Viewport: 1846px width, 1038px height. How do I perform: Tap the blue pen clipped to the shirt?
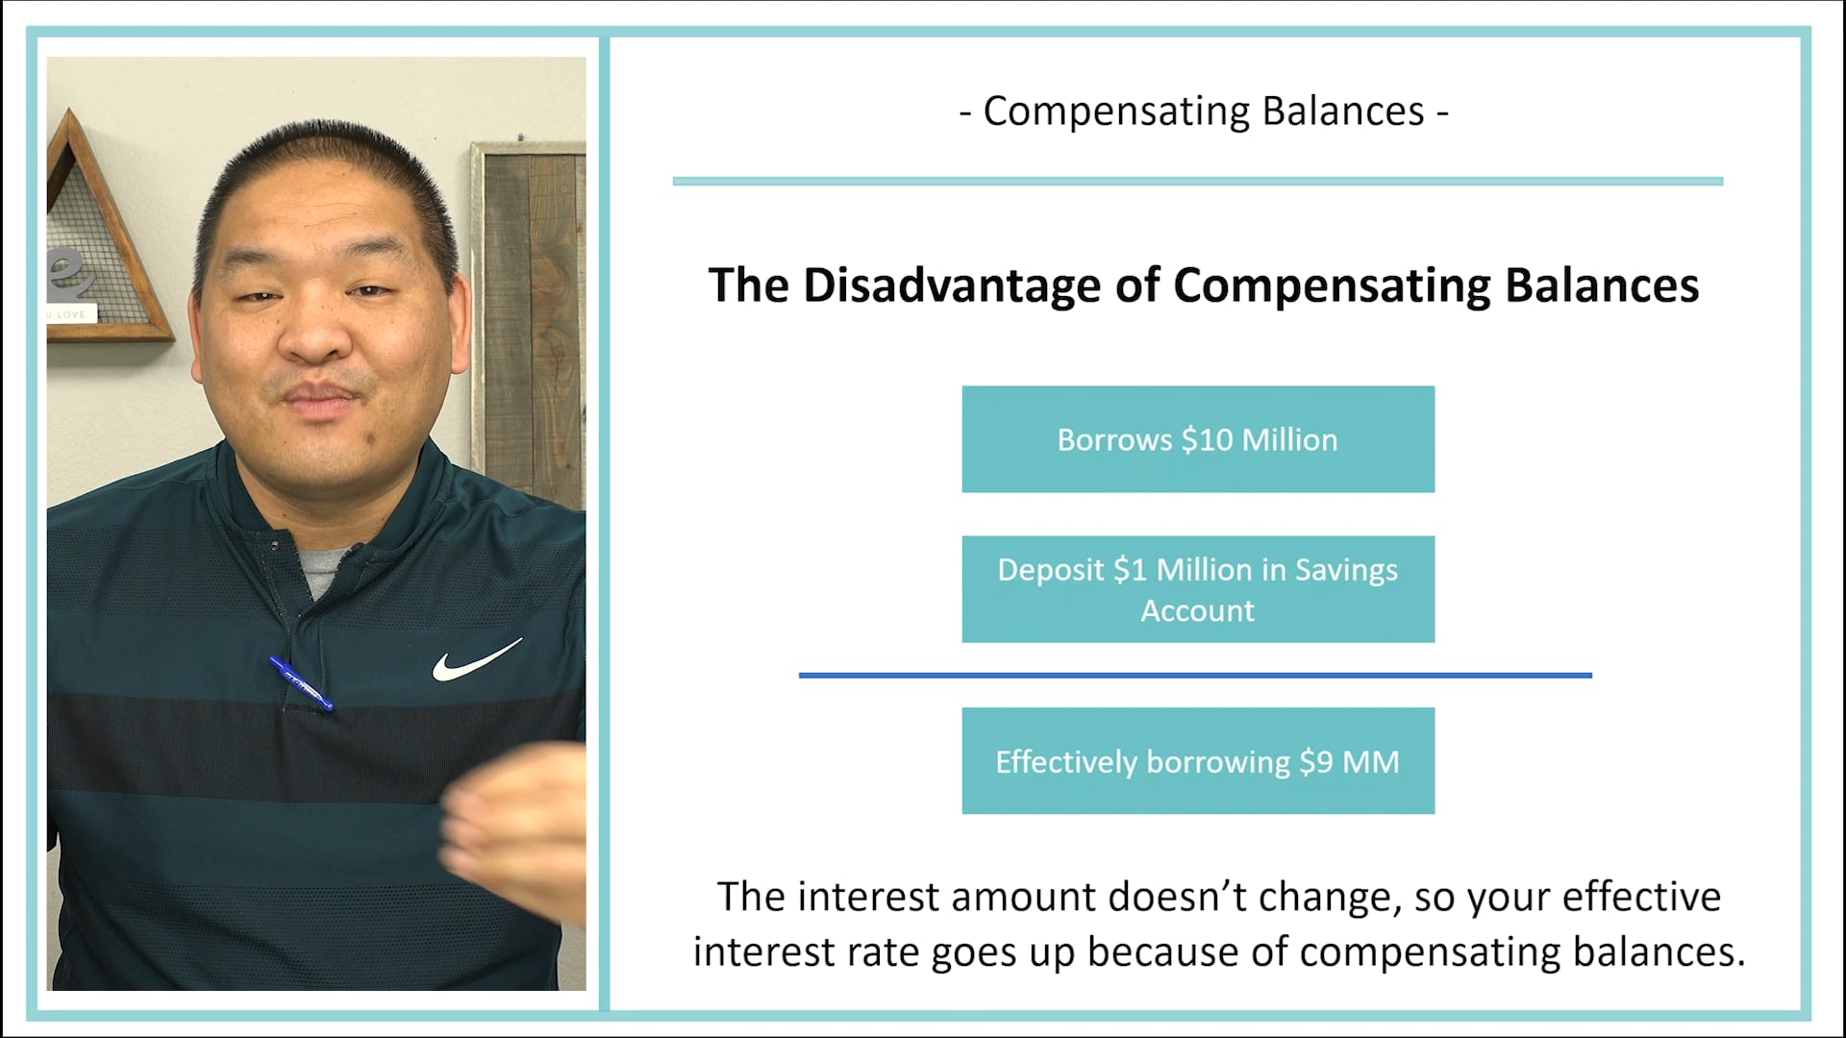[302, 684]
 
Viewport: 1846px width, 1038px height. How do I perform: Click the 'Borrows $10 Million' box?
[1197, 439]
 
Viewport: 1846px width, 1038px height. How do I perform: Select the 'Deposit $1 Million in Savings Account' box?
[1197, 589]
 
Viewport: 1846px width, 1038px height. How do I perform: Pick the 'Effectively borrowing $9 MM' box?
[1197, 761]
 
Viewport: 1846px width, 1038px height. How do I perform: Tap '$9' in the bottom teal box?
[1315, 762]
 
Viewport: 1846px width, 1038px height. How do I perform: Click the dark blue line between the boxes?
[1195, 676]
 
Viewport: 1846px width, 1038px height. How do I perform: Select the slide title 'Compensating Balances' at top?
[1203, 111]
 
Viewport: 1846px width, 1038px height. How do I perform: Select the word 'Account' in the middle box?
[1197, 611]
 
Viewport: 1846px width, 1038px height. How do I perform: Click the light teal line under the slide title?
[1197, 181]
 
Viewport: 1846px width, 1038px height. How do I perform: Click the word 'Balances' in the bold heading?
[1601, 285]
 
